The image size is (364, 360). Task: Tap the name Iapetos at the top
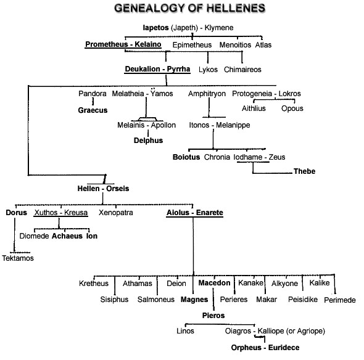(x=155, y=28)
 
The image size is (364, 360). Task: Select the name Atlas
(x=263, y=45)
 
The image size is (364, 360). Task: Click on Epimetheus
(x=192, y=45)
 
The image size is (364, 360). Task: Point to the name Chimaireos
(x=242, y=70)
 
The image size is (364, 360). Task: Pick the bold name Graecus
(x=93, y=110)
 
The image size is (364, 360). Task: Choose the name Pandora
(x=93, y=94)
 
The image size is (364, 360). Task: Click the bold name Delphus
(x=148, y=141)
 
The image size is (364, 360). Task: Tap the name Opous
(x=292, y=108)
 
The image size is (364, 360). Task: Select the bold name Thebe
(x=304, y=171)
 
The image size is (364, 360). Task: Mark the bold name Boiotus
(x=186, y=157)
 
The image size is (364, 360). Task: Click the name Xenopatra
(x=116, y=213)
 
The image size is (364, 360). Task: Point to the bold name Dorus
(x=16, y=213)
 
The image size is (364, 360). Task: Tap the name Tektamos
(x=18, y=258)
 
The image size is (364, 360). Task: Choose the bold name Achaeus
(x=67, y=236)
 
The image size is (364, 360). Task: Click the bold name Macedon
(x=214, y=283)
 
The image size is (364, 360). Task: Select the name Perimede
(x=340, y=300)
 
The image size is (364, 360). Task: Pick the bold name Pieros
(x=213, y=316)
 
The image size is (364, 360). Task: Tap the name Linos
(x=185, y=331)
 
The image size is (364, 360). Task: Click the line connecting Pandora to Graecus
(x=93, y=102)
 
